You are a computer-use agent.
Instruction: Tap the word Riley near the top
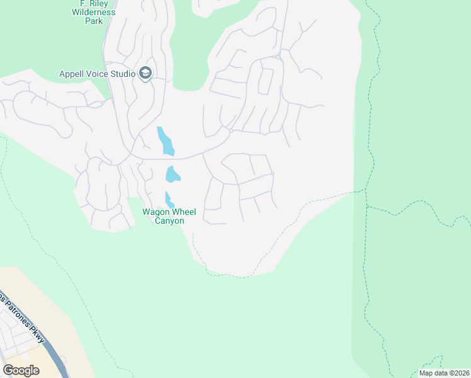tap(87, 3)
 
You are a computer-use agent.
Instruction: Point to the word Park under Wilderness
tap(93, 21)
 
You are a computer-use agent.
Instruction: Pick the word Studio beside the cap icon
tap(124, 74)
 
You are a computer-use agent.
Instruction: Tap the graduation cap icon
tap(146, 74)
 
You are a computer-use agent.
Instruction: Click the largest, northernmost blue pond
tap(165, 141)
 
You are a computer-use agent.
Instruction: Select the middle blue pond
tap(172, 173)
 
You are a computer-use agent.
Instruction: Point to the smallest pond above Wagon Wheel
tap(168, 200)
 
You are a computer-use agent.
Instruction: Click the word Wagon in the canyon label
tap(156, 212)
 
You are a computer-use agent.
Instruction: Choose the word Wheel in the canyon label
tap(184, 212)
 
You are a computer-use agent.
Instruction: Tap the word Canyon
tap(170, 221)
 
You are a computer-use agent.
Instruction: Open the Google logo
tap(21, 370)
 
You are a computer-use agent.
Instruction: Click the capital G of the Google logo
tap(8, 370)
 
